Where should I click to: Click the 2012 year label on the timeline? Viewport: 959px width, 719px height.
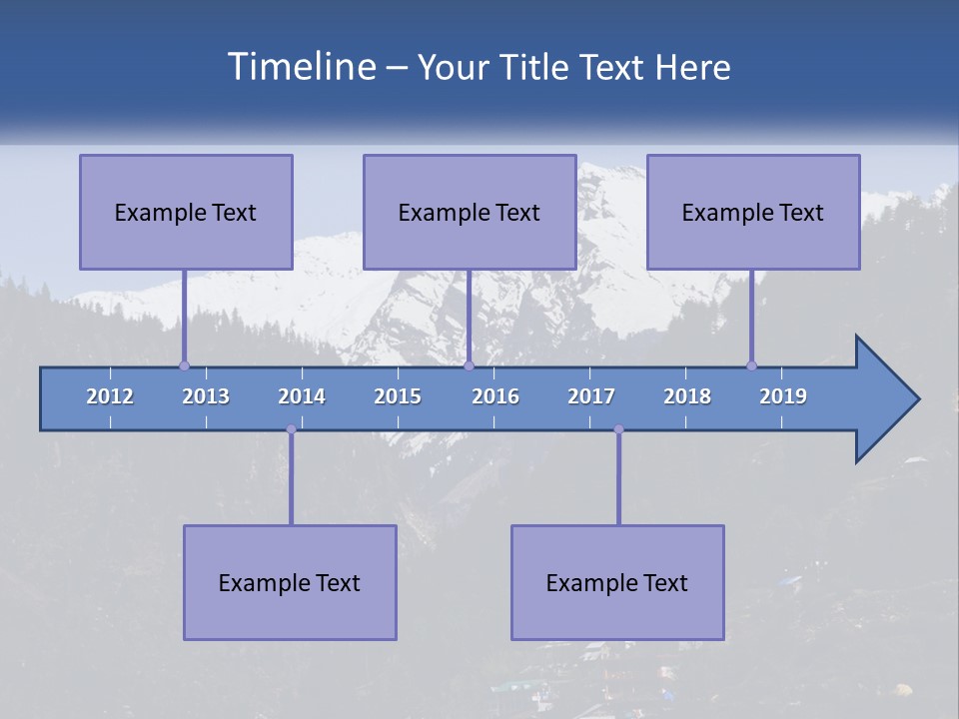tap(110, 396)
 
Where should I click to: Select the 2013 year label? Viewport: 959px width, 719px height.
tap(206, 396)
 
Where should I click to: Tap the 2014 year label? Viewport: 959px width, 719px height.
tap(302, 396)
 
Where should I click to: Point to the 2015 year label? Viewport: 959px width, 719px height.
tap(398, 396)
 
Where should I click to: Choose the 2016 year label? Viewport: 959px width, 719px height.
tap(495, 396)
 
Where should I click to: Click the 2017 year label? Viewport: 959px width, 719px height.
tap(591, 396)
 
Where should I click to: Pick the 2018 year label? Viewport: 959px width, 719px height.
tap(687, 396)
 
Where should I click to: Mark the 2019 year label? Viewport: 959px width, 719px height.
tap(783, 396)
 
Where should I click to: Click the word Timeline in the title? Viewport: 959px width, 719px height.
tap(301, 67)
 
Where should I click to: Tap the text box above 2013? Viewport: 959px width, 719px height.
tap(186, 212)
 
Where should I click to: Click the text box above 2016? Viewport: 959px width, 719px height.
tap(470, 212)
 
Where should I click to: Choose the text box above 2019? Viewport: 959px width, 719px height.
tap(753, 212)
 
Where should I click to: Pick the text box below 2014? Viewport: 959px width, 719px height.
tap(290, 582)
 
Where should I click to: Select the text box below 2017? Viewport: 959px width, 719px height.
tap(617, 582)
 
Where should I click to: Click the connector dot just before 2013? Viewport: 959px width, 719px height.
tap(184, 365)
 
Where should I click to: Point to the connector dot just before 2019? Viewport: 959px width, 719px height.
tap(751, 365)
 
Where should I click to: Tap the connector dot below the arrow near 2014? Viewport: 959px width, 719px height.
tap(291, 429)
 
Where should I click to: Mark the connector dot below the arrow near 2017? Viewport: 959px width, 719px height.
tap(618, 429)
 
